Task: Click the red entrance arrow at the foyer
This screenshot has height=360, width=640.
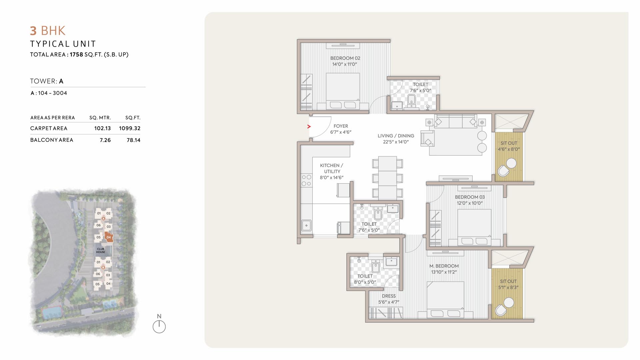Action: click(309, 126)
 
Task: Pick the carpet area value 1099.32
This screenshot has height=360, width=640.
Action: click(130, 128)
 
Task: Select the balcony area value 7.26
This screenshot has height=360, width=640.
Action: click(105, 140)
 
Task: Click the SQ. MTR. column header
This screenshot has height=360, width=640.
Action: click(100, 118)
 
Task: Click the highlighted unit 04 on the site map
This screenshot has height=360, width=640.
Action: click(109, 237)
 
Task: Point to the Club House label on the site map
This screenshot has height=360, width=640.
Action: click(100, 250)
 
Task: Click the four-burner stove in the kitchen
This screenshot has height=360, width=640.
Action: click(306, 180)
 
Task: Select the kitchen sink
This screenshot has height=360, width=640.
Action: click(306, 225)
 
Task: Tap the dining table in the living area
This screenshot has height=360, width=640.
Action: click(387, 178)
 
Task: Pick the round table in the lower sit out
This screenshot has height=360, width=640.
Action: click(509, 302)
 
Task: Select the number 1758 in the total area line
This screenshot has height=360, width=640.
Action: click(76, 54)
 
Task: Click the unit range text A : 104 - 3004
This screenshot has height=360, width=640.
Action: click(49, 93)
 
